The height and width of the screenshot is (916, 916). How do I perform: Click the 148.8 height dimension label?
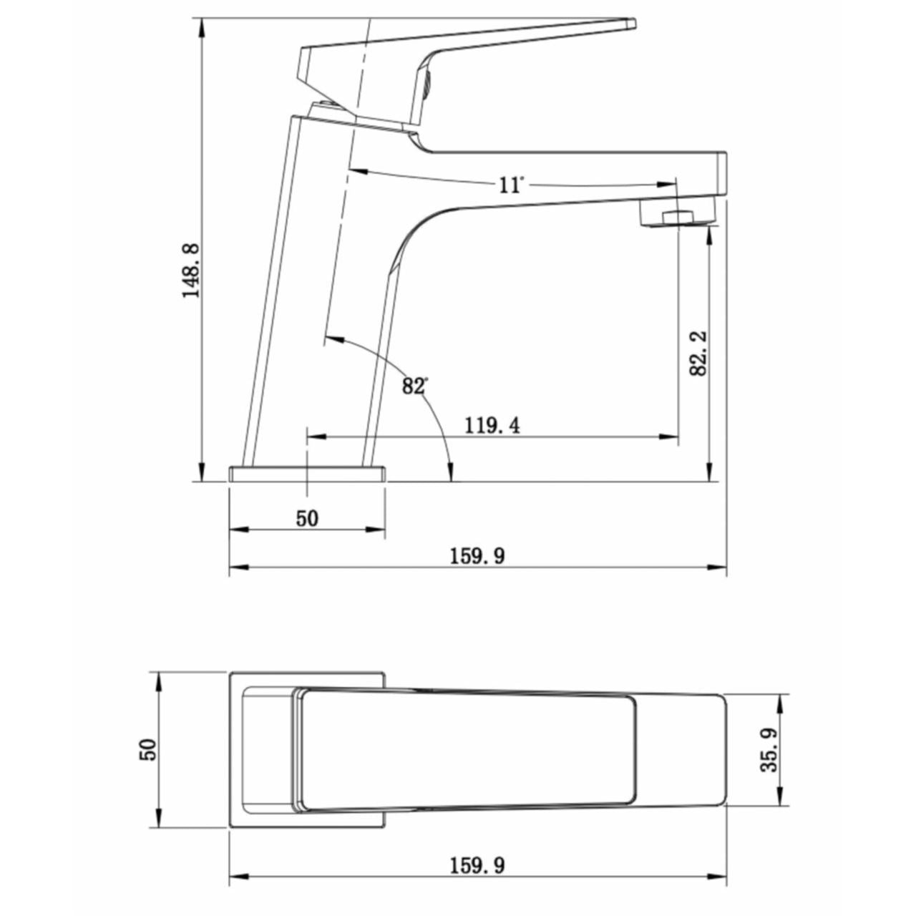coord(192,271)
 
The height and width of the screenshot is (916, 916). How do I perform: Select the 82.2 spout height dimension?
coord(698,354)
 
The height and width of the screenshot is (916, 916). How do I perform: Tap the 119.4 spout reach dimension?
coord(492,425)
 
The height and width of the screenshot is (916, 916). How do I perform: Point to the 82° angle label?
coord(414,386)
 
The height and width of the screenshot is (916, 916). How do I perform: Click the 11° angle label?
coord(511,185)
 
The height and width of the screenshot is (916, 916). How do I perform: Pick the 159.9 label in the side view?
coord(477,556)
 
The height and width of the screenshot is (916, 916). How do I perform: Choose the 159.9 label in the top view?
coord(477,839)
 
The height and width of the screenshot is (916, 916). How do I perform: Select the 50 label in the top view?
coord(148,750)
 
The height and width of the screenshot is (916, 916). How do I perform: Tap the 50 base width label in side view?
coord(307,518)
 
